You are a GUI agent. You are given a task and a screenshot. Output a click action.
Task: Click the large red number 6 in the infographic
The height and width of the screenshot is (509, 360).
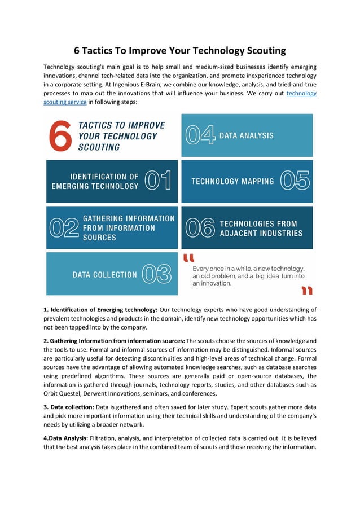coord(59,135)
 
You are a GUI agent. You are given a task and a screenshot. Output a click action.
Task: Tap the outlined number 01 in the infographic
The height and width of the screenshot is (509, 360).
coord(158,181)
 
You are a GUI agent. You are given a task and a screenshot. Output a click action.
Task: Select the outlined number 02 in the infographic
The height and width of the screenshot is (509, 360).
coord(64,228)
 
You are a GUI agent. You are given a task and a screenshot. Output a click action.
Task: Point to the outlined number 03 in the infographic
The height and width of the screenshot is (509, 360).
coord(156,274)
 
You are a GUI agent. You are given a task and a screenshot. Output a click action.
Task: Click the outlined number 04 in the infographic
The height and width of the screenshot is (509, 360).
coord(200,135)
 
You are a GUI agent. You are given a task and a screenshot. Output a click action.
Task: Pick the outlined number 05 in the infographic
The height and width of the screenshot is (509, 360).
coord(295,181)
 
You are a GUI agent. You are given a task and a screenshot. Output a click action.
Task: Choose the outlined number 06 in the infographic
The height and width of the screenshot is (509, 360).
coord(200,228)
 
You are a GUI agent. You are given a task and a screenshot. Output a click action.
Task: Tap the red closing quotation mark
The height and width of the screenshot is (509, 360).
coord(306,290)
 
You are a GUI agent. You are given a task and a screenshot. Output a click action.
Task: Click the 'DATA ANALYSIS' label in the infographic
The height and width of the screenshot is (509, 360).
coord(247,135)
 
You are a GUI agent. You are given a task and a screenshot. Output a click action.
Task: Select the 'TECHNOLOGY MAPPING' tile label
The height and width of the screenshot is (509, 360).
coord(232,181)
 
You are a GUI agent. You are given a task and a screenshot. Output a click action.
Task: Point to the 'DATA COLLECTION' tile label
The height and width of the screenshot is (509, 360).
coord(104,275)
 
